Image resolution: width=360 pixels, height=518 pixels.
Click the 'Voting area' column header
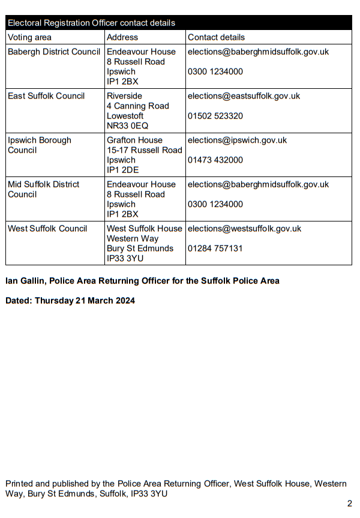29,37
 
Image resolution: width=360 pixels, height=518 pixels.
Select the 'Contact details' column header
216,37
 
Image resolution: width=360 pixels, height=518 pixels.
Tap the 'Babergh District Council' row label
54,52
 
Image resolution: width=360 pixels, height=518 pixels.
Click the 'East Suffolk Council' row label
46,96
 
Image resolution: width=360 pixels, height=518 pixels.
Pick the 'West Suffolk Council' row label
47,229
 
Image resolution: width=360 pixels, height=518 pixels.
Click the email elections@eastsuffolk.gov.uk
244,96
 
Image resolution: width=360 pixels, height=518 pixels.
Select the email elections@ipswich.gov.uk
237,140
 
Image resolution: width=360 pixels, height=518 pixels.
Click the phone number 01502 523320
215,116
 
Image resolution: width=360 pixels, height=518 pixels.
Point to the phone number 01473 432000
215,160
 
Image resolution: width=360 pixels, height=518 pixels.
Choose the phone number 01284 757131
215,248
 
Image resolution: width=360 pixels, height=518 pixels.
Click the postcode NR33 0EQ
127,126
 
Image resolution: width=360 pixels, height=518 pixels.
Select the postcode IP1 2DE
122,170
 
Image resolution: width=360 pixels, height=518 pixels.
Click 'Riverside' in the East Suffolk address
124,96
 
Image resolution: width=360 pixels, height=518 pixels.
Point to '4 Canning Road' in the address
137,106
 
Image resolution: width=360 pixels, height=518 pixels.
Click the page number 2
349,504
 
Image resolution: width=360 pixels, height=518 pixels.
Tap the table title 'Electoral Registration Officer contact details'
91,23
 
